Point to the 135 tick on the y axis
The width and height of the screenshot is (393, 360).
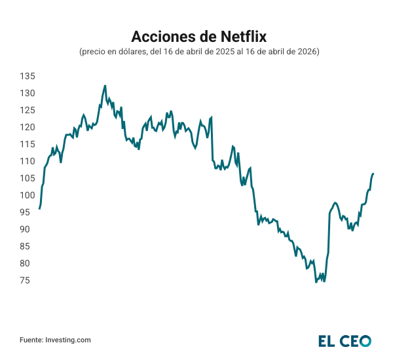(27, 76)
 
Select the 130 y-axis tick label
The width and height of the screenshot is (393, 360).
(27, 93)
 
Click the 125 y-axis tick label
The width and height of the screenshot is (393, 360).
(27, 110)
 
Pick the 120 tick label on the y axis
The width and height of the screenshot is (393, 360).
(27, 127)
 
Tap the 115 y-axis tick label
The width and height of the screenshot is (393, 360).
(27, 144)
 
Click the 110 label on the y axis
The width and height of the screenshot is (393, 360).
(27, 161)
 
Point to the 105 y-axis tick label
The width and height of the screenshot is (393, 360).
(27, 178)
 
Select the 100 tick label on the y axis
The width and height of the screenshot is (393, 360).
(27, 195)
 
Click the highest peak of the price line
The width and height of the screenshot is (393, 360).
(105, 85)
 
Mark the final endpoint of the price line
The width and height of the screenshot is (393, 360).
(373, 173)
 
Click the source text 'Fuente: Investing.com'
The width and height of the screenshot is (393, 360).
(55, 340)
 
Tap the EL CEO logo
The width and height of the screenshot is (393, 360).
(345, 340)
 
